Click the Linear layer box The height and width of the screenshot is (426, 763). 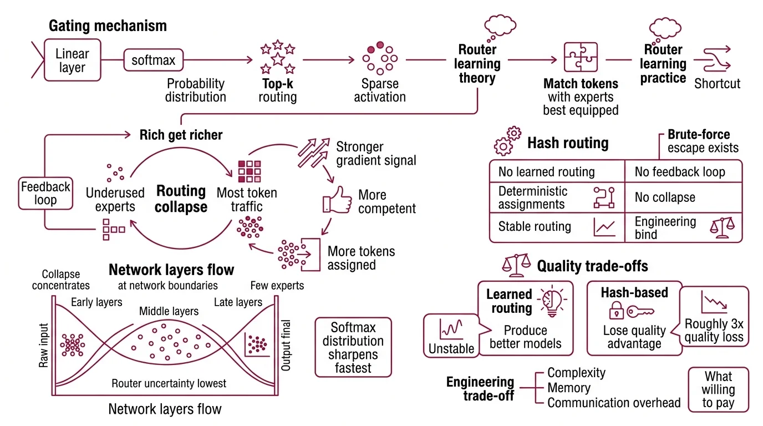point(72,61)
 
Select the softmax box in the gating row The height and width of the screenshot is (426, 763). point(153,60)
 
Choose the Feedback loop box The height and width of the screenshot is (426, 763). point(45,193)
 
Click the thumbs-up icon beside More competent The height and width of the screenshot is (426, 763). point(337,201)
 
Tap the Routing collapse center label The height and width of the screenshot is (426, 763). point(181,199)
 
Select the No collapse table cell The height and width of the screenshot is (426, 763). point(683,198)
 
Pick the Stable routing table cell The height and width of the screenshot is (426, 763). point(557,227)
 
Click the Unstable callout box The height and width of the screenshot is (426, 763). point(451,335)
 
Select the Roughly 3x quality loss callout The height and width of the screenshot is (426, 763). point(714,317)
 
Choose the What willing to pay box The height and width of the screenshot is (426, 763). point(718,390)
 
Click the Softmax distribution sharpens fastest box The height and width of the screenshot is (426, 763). point(353,347)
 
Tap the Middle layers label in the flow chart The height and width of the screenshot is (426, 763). point(169,311)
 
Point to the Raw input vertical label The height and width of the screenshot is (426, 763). point(44,346)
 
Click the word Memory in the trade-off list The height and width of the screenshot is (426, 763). point(569,388)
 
